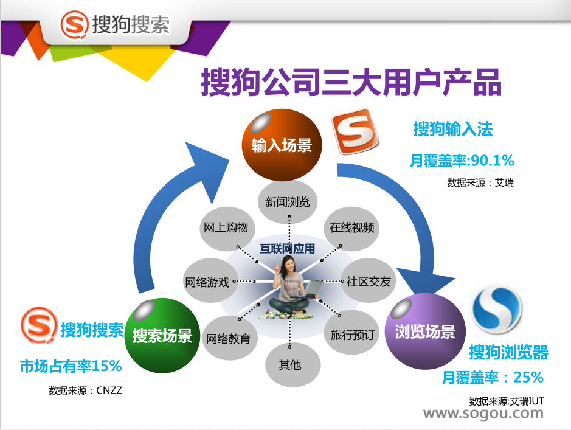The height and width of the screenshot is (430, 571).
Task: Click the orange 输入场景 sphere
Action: point(282,145)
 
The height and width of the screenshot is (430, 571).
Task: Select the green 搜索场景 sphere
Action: point(162,335)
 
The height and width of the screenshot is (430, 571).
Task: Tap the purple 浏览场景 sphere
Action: point(425,331)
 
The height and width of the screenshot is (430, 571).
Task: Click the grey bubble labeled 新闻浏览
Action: point(287,202)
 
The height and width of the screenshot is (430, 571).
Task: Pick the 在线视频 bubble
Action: point(351,228)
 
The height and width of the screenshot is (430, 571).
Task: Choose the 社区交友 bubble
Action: point(368,281)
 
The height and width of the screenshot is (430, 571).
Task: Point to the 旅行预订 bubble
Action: point(352,333)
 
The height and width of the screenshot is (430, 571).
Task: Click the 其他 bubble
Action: point(290,364)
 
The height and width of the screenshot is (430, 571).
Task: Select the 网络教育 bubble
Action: point(229,338)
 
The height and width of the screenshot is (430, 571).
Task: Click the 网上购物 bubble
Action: point(226,228)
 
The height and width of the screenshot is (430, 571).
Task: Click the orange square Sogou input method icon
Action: point(355,132)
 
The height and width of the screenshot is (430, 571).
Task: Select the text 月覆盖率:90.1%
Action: point(462,161)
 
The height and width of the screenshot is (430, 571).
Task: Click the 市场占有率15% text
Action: point(71,366)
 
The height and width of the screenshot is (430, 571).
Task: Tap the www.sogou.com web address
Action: point(483,414)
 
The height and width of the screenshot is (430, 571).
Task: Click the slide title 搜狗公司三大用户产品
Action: point(351,82)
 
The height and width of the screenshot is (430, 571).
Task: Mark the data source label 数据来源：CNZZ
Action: point(85,390)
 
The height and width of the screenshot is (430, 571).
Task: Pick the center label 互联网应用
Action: point(287,249)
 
